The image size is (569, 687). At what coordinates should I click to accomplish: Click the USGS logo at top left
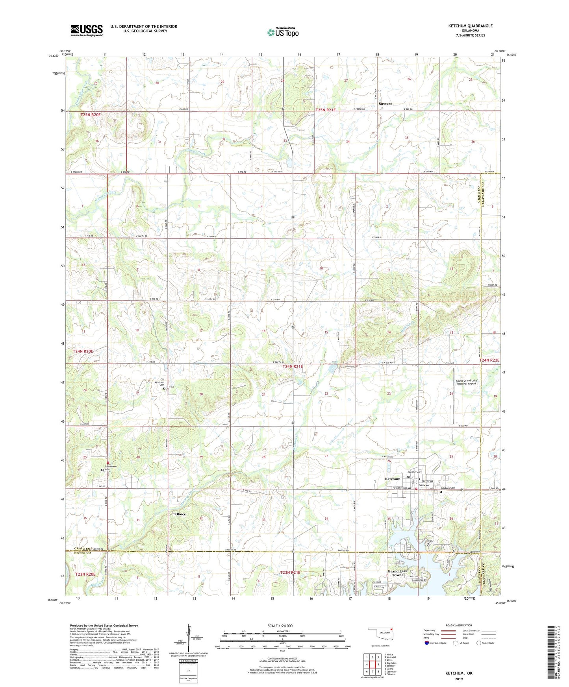point(87,30)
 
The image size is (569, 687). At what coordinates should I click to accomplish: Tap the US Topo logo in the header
point(282,32)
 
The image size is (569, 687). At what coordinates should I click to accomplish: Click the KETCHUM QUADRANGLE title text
point(470,26)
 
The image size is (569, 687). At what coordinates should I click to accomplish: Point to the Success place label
point(385,103)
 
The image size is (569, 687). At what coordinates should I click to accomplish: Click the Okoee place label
point(180,514)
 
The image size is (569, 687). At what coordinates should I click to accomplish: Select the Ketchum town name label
point(392,479)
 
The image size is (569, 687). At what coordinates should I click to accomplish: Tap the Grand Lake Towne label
point(398,573)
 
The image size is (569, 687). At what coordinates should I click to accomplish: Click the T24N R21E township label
point(293,366)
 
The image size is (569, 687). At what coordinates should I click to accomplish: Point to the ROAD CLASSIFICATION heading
point(459,625)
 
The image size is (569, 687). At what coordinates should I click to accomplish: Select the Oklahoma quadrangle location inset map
point(380,637)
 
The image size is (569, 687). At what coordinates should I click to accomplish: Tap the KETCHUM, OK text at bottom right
point(459,673)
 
